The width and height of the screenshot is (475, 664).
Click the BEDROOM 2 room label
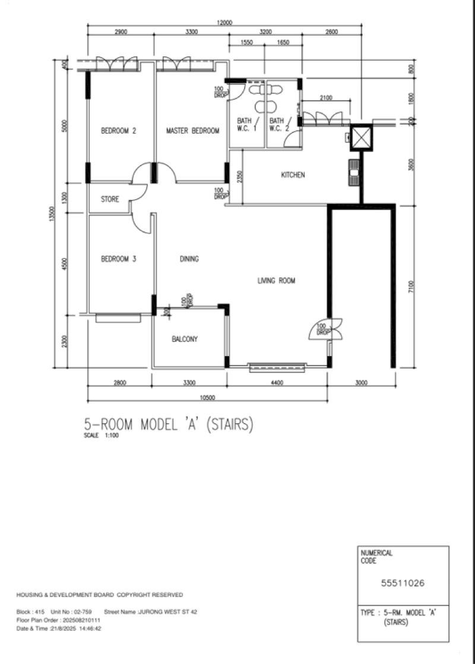pyautogui.click(x=119, y=131)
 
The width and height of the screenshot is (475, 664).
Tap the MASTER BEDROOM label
pyautogui.click(x=192, y=131)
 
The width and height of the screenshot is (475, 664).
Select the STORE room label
pyautogui.click(x=109, y=199)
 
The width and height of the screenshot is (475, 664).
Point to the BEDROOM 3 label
pyautogui.click(x=119, y=259)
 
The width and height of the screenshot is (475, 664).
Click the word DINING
pyautogui.click(x=189, y=259)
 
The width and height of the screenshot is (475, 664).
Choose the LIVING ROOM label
pyautogui.click(x=276, y=281)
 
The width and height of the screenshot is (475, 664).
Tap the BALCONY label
pyautogui.click(x=185, y=339)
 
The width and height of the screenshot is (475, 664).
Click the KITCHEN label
pyautogui.click(x=293, y=175)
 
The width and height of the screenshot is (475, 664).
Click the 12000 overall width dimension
pyautogui.click(x=224, y=23)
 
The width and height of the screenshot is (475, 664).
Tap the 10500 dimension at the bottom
pyautogui.click(x=207, y=398)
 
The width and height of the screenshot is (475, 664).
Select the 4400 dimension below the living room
pyautogui.click(x=277, y=383)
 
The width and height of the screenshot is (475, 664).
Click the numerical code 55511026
pyautogui.click(x=403, y=583)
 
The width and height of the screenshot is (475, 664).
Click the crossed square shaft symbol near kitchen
pyautogui.click(x=361, y=138)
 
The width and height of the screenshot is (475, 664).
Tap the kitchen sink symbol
pyautogui.click(x=354, y=171)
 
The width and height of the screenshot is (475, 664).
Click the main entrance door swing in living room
pyautogui.click(x=325, y=329)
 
